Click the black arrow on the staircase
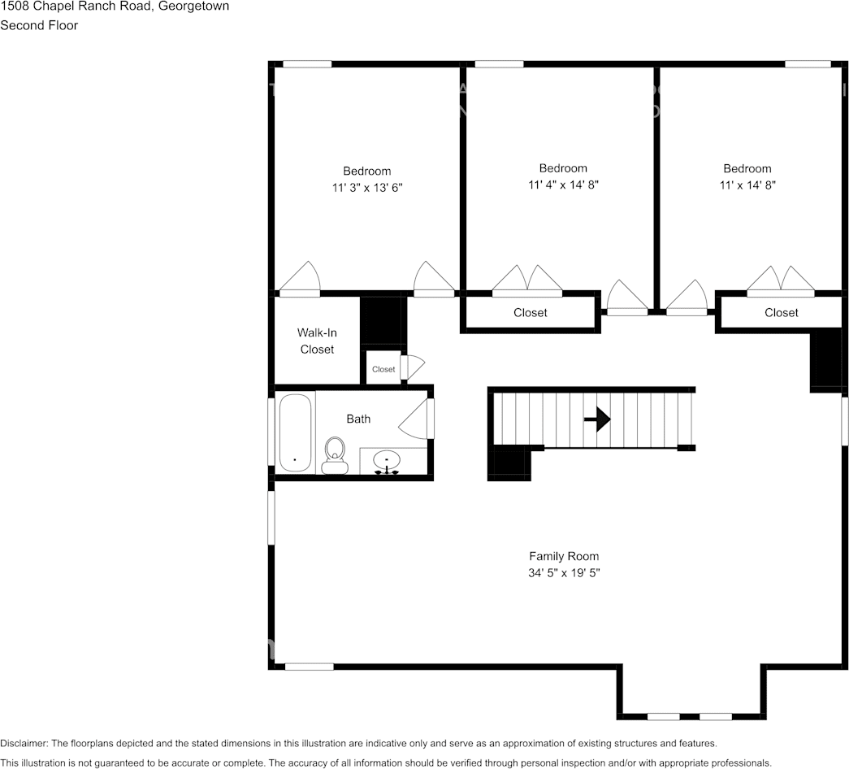597,419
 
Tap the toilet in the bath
335,454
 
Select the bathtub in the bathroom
296,432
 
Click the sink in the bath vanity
387,461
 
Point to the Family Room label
564,557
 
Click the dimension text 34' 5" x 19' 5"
564,573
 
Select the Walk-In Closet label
317,341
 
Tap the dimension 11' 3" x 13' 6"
367,188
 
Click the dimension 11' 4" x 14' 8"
563,185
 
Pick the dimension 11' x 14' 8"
747,185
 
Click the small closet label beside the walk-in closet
383,369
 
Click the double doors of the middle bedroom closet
528,280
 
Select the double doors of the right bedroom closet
781,280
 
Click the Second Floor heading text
39,25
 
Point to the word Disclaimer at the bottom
24,744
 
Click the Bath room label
358,419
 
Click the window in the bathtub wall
271,431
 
